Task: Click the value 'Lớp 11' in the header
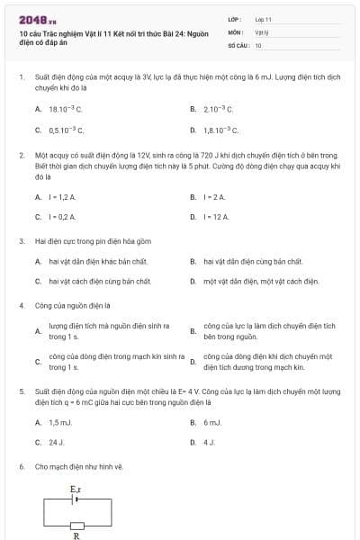tap(263, 19)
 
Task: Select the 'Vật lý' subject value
tap(261, 31)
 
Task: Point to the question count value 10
tap(258, 44)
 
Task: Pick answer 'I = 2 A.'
tap(213, 196)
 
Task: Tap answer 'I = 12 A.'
tap(216, 217)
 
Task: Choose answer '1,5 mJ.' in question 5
tap(59, 422)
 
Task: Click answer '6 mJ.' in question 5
tap(212, 422)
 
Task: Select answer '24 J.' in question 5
tap(56, 443)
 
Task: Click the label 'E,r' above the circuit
tap(76, 489)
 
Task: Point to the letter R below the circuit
tap(76, 534)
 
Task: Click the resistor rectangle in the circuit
tap(76, 524)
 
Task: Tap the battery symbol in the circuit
tap(76, 498)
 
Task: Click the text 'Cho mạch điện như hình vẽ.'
tap(78, 467)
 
